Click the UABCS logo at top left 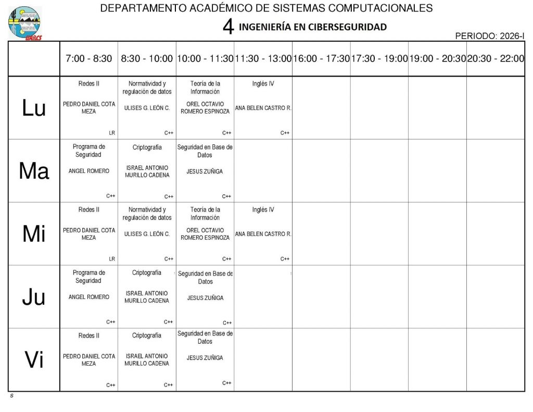pos(24,23)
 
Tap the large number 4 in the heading pos(228,27)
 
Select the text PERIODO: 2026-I pos(489,36)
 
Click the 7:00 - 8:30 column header pos(88,59)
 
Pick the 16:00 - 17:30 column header pos(321,59)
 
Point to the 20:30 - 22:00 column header pos(496,59)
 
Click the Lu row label pos(34,108)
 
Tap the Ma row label pos(34,171)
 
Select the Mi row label pos(34,234)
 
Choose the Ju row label pos(34,297)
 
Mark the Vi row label pos(34,360)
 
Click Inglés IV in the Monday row pos(263,84)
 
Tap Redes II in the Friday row pos(88,336)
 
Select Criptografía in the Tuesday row pos(147,147)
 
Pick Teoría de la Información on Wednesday pos(205,214)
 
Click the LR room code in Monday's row pos(112,133)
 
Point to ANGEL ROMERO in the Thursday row pos(89,297)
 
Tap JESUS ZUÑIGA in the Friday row pos(205,358)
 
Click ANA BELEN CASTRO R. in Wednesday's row pos(263,234)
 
